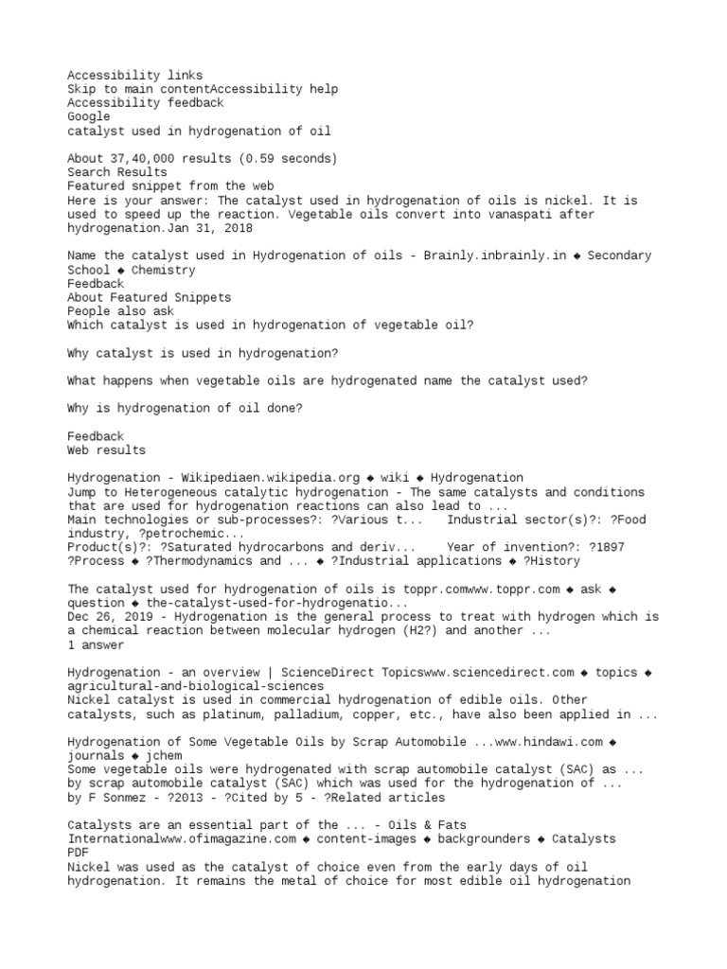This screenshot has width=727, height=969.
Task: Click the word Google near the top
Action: tap(88, 116)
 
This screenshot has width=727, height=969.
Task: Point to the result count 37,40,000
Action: tap(146, 158)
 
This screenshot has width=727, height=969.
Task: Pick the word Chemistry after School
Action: tap(164, 270)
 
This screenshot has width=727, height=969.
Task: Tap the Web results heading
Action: tap(106, 450)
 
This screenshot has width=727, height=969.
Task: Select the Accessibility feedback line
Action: tap(145, 102)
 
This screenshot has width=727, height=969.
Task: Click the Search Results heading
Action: tap(116, 172)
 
